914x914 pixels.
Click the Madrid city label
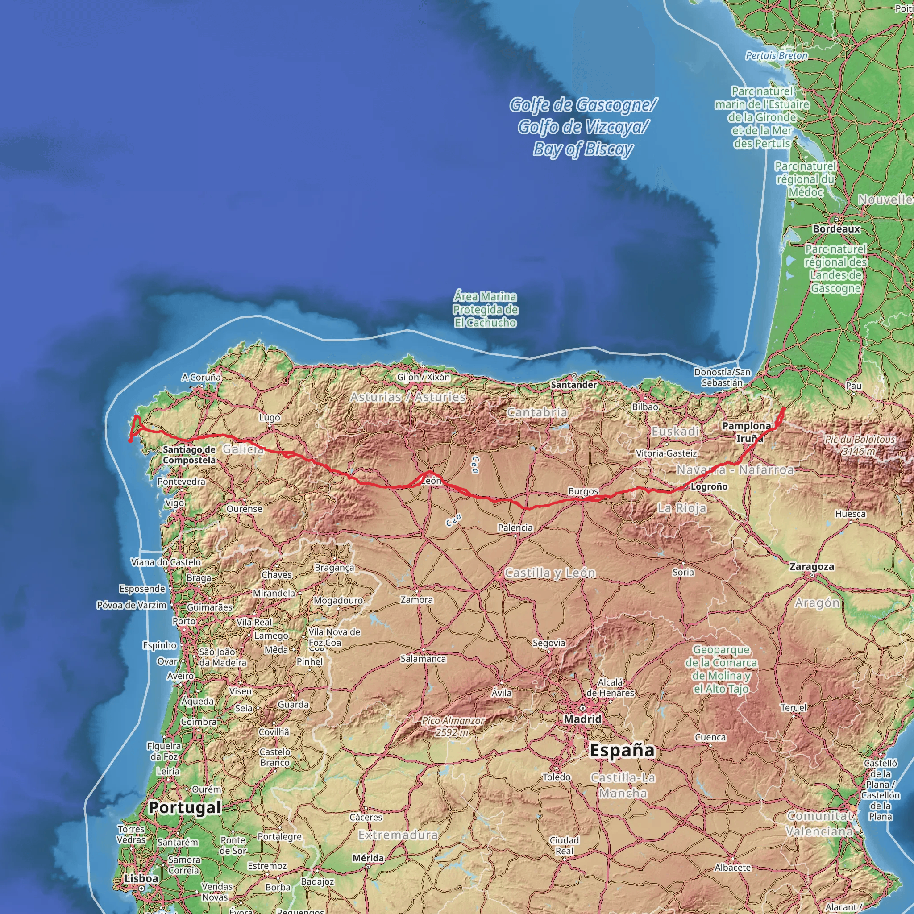click(x=582, y=719)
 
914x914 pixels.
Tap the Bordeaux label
click(x=836, y=229)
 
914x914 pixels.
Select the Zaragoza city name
click(x=811, y=566)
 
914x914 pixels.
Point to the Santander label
click(x=573, y=385)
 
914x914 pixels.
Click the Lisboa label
click(x=141, y=878)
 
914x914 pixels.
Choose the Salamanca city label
click(x=423, y=659)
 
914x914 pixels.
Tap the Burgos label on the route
click(x=583, y=491)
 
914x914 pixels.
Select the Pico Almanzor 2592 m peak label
click(x=453, y=726)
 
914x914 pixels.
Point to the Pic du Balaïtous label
click(x=860, y=445)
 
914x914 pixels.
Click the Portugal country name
click(x=184, y=807)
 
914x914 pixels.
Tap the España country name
click(x=622, y=750)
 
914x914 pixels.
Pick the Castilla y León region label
click(x=550, y=573)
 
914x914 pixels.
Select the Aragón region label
click(x=817, y=602)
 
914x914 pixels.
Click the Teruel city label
click(x=794, y=707)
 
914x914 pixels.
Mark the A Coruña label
click(x=201, y=377)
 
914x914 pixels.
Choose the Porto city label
click(x=183, y=621)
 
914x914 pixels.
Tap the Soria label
click(x=683, y=572)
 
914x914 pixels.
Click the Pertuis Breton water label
click(x=777, y=55)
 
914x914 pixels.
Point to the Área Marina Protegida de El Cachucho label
click(x=485, y=309)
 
